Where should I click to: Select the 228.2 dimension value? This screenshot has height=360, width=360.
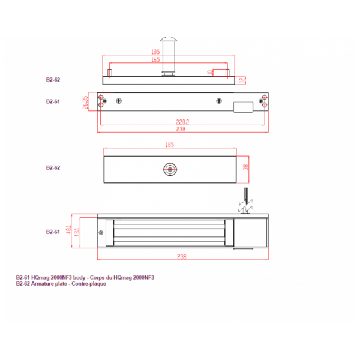(x=184, y=122)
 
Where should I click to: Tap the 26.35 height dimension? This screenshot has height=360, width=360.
(x=85, y=103)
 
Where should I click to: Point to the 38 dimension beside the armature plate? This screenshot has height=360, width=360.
(x=245, y=167)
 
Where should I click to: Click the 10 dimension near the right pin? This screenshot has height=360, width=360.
(x=210, y=73)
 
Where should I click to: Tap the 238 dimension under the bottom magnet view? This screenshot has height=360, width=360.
(x=182, y=256)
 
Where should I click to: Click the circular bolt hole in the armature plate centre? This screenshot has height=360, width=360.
(x=170, y=169)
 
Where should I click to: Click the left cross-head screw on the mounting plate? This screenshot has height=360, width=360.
(x=120, y=101)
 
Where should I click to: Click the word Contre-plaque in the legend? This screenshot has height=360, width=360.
(x=91, y=284)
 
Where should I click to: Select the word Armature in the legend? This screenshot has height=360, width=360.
(x=40, y=284)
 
